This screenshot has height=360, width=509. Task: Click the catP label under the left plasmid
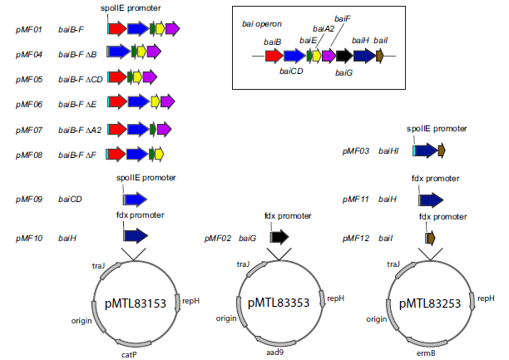129,353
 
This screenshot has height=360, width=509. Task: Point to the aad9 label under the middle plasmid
274,353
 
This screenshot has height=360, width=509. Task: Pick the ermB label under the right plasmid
426,353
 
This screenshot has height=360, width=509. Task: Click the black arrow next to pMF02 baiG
279,238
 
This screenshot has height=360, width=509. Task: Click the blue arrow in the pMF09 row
135,200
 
